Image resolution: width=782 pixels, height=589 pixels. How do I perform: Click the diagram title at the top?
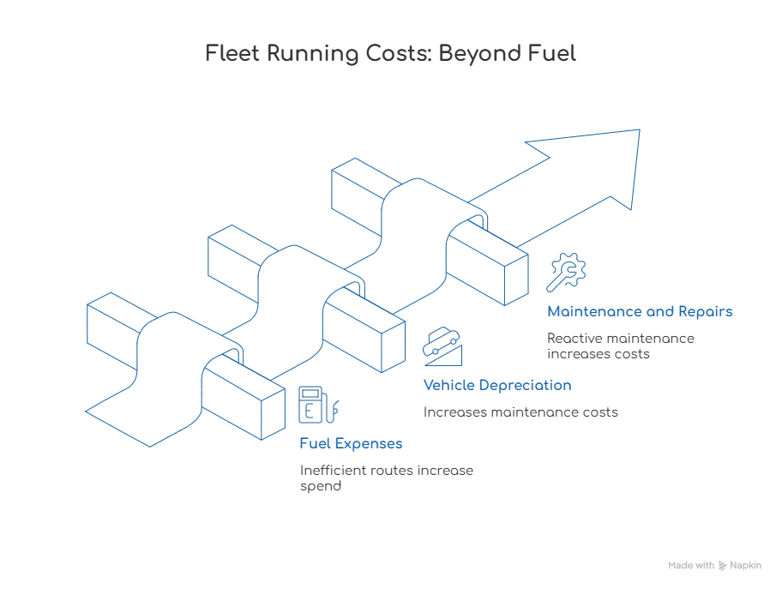tap(394, 54)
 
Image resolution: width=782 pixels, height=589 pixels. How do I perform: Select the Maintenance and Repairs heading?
tap(640, 313)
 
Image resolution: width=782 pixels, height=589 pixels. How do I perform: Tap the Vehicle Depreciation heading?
tap(495, 386)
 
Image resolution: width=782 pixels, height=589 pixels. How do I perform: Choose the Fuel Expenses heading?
tap(352, 446)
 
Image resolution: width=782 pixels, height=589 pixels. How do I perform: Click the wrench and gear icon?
tap(567, 273)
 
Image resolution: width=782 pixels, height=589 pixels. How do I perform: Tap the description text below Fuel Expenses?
tap(383, 478)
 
